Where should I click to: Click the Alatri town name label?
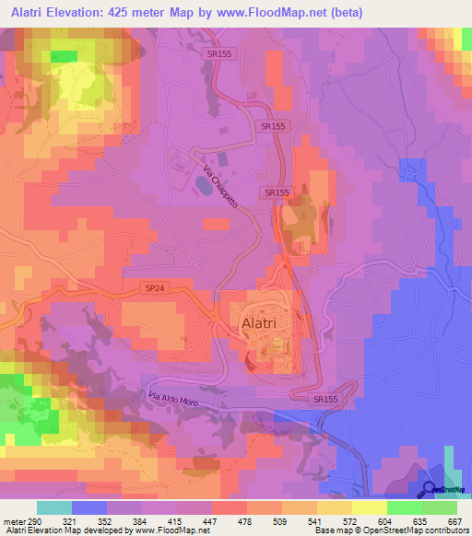point(267,324)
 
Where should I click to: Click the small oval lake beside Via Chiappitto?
point(200,186)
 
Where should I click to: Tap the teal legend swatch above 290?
point(54,507)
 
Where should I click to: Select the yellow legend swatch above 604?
point(370,507)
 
